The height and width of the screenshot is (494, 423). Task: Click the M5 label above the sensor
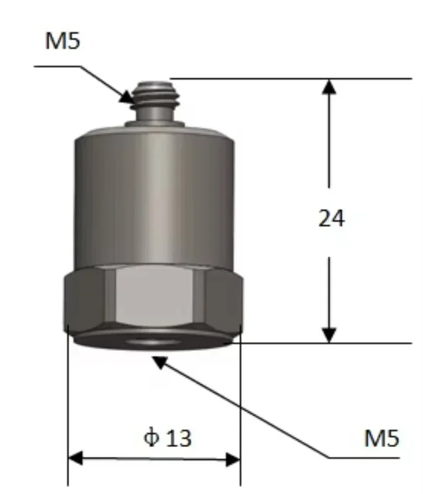click(63, 41)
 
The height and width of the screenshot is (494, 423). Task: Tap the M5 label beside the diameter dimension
click(382, 438)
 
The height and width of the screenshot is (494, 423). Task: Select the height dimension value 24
click(332, 219)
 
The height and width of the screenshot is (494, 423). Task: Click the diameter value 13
click(179, 438)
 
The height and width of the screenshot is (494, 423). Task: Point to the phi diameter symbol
click(151, 438)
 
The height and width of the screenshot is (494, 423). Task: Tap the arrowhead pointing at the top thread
click(128, 97)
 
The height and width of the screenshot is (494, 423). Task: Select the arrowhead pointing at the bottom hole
click(160, 362)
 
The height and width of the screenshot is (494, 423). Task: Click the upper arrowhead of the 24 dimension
click(329, 86)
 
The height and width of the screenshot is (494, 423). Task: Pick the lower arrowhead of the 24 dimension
click(329, 335)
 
